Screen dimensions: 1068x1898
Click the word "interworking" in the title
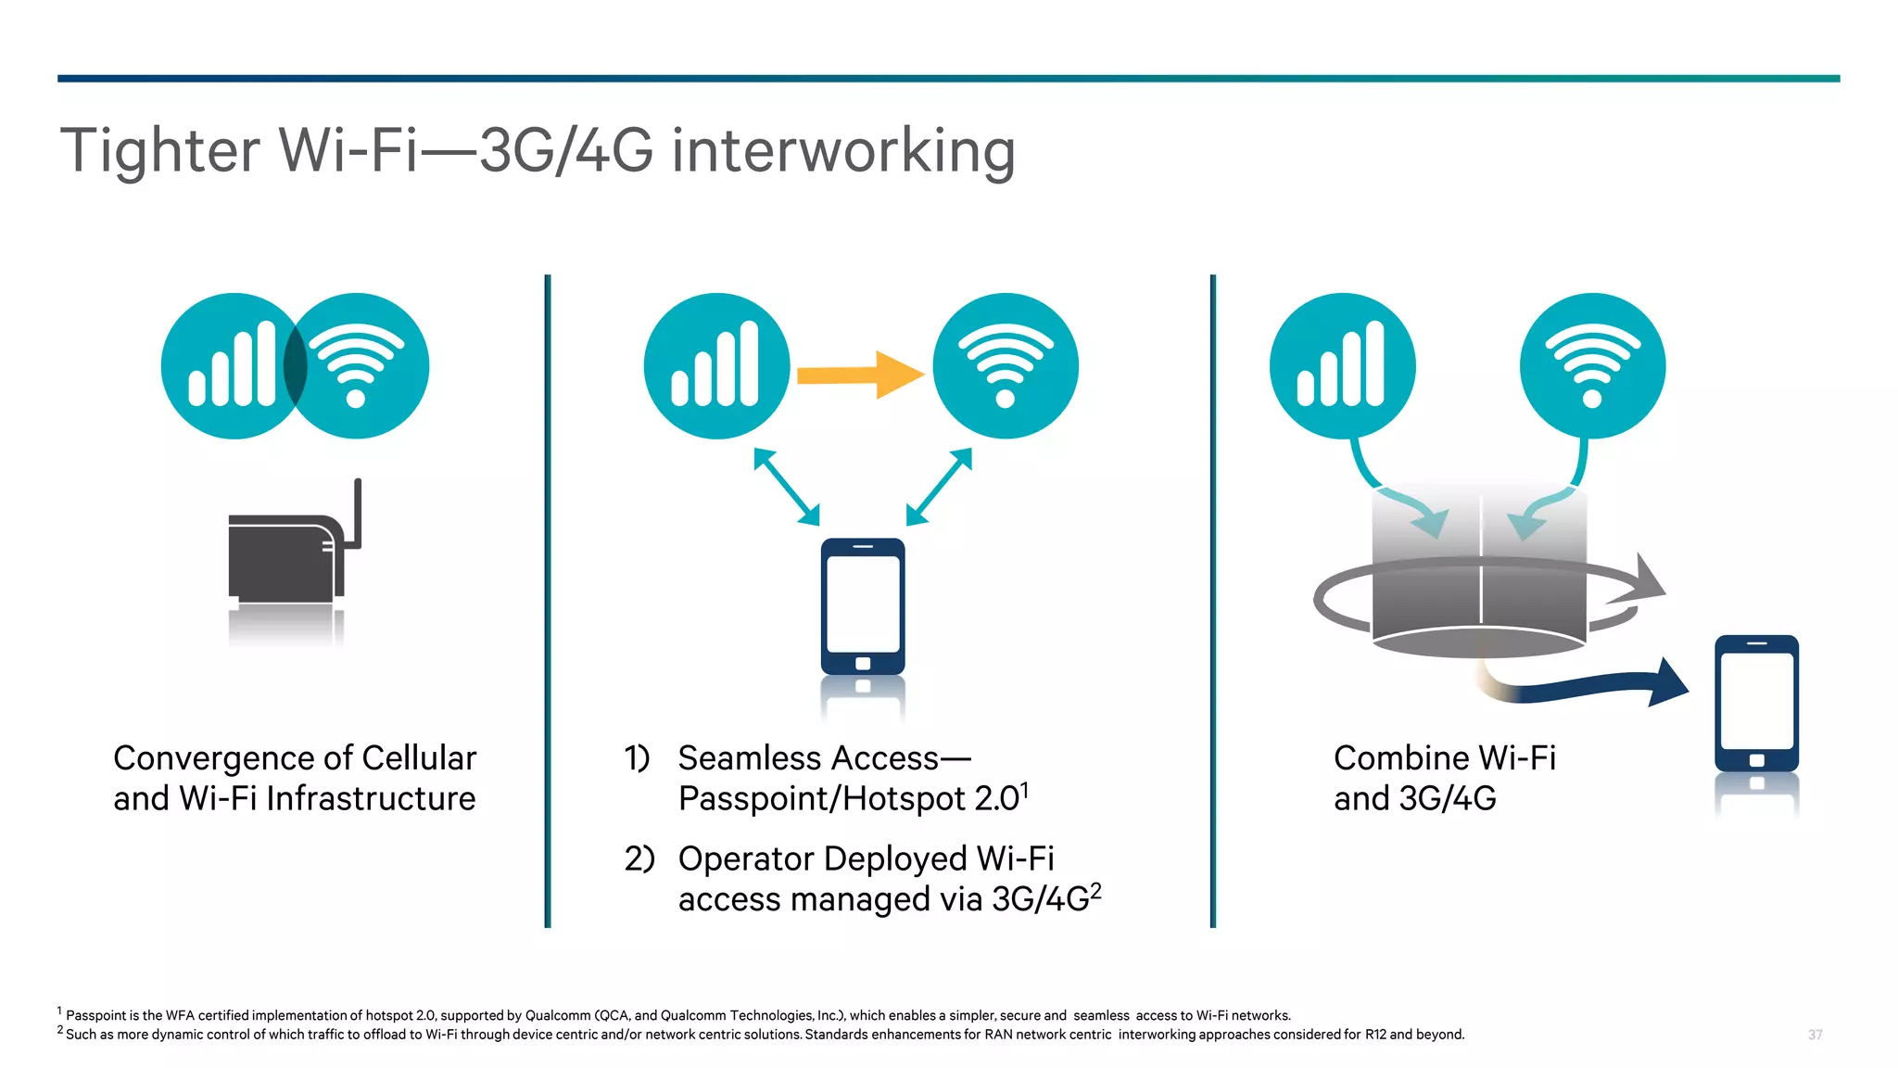point(843,151)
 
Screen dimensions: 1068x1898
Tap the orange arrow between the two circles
point(859,375)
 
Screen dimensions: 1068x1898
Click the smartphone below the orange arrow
point(863,606)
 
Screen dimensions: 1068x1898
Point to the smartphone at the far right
point(1756,704)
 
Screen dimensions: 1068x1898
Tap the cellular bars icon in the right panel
point(1342,365)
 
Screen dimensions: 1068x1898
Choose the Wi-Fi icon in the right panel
point(1592,365)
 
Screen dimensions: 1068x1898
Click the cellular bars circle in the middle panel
point(716,365)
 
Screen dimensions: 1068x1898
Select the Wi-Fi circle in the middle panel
point(1006,365)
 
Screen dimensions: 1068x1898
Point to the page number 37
point(1815,1035)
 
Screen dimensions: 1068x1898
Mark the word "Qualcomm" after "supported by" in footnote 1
point(558,1016)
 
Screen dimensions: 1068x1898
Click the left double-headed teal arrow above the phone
point(786,487)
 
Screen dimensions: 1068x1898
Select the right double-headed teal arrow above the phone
point(939,487)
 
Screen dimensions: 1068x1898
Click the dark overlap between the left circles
point(295,365)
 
